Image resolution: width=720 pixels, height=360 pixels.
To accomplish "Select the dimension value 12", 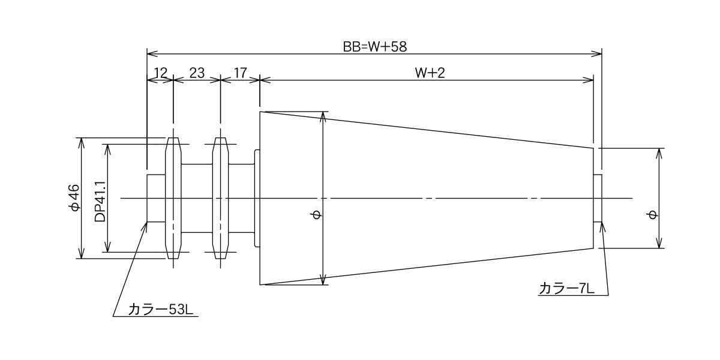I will click(160, 73).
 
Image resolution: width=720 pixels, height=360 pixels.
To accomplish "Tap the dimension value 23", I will click(197, 73).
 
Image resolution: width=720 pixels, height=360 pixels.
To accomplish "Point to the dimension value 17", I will click(240, 73).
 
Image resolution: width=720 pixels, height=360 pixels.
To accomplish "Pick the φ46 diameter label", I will click(74, 198).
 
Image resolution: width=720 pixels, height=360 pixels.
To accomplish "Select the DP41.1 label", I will click(100, 199).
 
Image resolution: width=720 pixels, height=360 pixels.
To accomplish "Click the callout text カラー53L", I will click(161, 309).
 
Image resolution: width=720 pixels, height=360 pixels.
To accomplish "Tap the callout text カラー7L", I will click(566, 289).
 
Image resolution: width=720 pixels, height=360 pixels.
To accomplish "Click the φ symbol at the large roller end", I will click(317, 215).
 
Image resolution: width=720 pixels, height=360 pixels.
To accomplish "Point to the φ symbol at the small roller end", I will click(652, 215).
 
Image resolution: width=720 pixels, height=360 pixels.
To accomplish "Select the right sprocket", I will click(221, 198).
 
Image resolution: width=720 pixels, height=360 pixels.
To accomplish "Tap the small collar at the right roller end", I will click(598, 198).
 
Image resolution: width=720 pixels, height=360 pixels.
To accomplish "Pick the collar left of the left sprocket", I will click(156, 198).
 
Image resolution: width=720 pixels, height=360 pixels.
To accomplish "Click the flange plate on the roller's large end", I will click(257, 198).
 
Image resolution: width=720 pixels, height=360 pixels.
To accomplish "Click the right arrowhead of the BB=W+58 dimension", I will click(598, 53).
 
